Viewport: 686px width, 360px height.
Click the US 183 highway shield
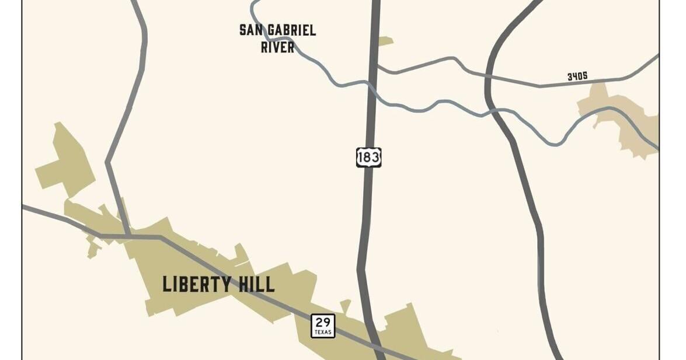click(368, 157)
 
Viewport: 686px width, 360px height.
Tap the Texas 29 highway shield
click(323, 326)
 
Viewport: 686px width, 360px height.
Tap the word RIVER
click(277, 47)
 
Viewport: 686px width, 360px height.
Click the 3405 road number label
click(577, 76)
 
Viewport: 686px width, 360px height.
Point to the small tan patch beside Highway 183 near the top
click(385, 41)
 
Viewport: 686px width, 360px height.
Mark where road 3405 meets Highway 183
click(374, 66)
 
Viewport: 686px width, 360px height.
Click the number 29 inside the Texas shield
click(323, 322)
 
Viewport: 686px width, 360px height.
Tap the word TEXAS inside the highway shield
click(323, 333)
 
